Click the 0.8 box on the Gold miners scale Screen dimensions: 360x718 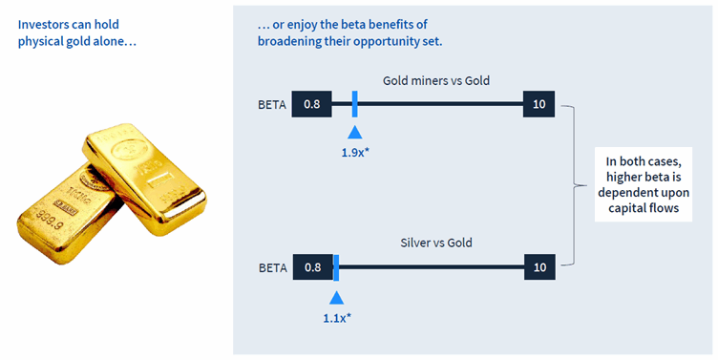311,103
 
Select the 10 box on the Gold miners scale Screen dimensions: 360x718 539,103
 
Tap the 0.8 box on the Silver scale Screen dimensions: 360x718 311,267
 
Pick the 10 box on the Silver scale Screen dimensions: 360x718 539,267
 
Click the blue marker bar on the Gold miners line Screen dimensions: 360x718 354,103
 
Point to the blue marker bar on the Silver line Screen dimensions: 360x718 335,267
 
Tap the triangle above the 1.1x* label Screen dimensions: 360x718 335,296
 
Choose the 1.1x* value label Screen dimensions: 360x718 337,316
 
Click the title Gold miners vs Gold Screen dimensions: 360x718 435,80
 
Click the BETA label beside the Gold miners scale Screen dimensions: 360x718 272,103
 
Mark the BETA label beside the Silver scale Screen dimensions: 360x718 272,267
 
